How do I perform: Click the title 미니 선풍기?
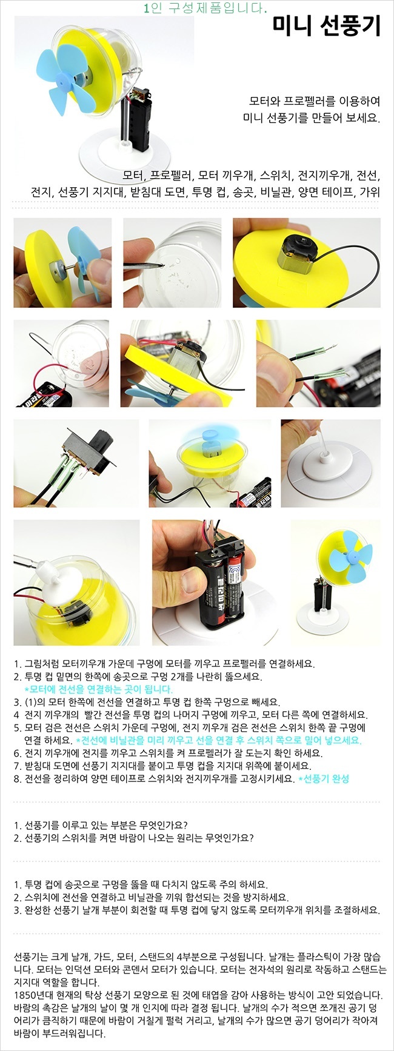point(326,27)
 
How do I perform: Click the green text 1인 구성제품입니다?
point(205,8)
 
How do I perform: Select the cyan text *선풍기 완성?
point(324,778)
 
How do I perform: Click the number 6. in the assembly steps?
point(18,753)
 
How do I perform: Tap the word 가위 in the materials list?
point(370,193)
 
